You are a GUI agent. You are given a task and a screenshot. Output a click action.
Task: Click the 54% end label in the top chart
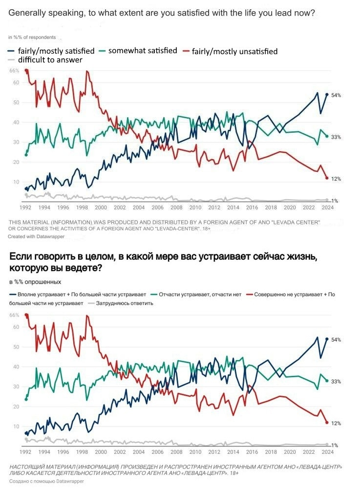pos(336,95)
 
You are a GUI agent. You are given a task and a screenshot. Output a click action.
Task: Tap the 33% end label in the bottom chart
pos(336,381)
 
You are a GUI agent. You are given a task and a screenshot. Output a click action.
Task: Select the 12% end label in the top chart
pos(336,179)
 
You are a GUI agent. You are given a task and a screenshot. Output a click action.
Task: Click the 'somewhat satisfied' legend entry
pos(142,51)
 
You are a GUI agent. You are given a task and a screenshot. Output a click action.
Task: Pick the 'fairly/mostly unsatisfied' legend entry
pos(234,51)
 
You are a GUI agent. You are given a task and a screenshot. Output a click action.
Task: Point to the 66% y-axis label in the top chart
pos(15,71)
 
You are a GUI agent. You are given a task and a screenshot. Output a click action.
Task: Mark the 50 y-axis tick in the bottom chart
pos(16,347)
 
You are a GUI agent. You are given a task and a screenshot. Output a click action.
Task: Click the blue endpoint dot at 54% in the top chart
pos(327,95)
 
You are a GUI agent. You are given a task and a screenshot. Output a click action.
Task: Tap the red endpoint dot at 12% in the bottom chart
pos(327,422)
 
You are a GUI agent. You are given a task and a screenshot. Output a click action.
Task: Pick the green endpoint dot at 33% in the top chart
pos(327,136)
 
